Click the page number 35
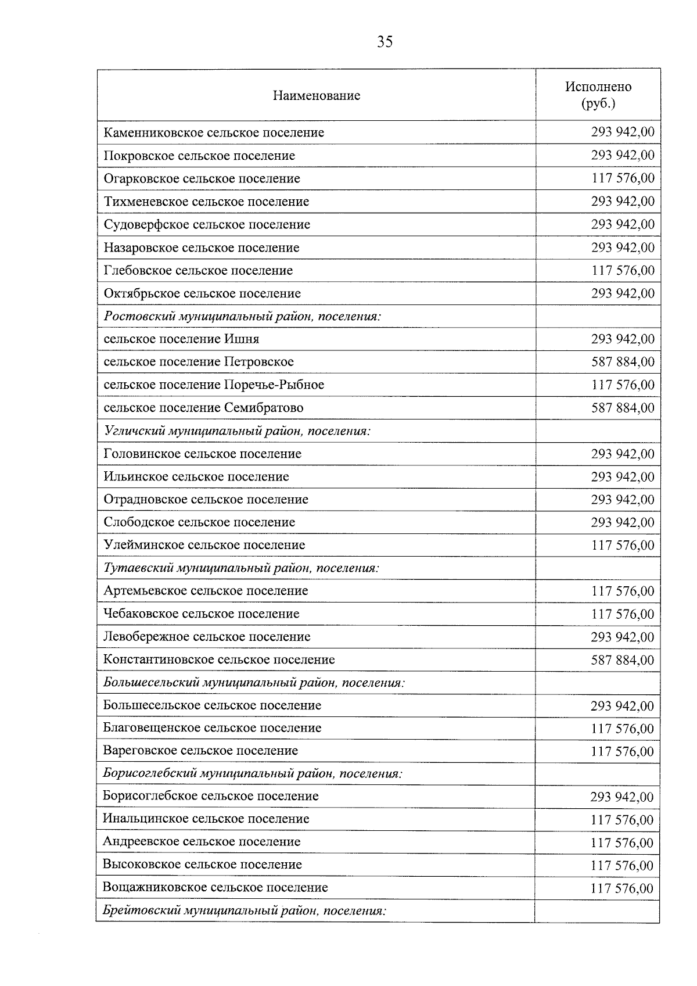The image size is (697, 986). click(385, 42)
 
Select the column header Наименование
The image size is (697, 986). click(317, 96)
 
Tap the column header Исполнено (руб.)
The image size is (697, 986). click(598, 95)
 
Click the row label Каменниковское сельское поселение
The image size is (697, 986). click(214, 132)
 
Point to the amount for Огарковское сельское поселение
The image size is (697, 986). click(623, 178)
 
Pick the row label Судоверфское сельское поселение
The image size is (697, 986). click(207, 224)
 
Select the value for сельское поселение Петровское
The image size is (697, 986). click(623, 362)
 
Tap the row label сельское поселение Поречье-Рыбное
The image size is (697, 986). click(214, 385)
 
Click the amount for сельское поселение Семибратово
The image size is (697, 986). click(623, 408)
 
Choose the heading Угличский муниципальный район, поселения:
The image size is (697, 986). click(237, 431)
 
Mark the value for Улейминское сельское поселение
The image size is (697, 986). click(623, 546)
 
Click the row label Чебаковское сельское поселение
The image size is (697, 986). click(201, 614)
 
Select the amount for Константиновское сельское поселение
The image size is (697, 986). click(623, 660)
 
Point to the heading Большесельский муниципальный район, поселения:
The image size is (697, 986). click(254, 683)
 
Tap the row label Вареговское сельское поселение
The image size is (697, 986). click(200, 751)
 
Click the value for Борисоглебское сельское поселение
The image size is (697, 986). click(622, 797)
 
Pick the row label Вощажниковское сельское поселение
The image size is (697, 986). click(215, 888)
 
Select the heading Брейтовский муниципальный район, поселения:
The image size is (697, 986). click(244, 911)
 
